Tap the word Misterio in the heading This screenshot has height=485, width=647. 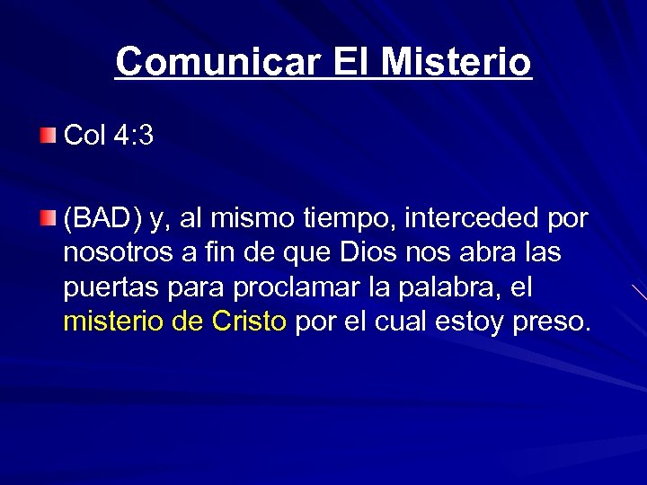click(456, 62)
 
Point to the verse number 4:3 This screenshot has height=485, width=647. click(134, 136)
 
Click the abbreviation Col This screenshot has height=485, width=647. click(85, 136)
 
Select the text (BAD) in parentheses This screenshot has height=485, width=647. click(102, 218)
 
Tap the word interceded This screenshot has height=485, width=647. click(466, 218)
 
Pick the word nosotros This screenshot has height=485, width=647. click(118, 253)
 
